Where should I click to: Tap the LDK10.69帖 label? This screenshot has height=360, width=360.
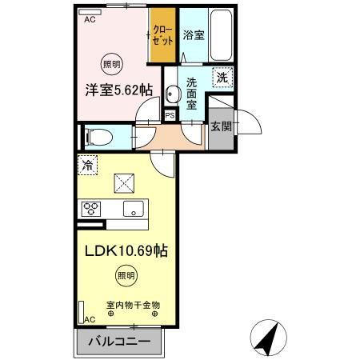click(x=126, y=250)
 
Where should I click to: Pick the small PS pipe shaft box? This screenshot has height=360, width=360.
click(x=170, y=115)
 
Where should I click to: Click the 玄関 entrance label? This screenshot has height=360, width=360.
click(x=222, y=125)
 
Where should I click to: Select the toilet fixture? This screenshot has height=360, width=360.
click(x=98, y=135)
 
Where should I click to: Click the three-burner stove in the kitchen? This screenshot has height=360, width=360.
click(x=91, y=210)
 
